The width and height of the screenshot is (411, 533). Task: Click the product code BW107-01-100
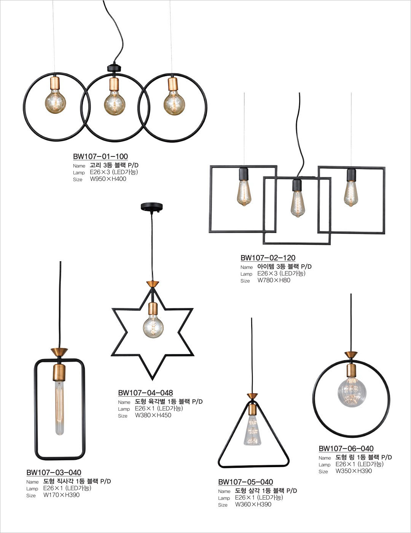100,156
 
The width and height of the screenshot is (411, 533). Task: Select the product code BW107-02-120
268,258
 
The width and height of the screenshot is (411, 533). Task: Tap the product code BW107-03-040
54,472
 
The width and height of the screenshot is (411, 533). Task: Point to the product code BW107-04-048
146,393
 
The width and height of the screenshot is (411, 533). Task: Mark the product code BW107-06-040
346,448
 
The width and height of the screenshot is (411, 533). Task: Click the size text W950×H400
108,179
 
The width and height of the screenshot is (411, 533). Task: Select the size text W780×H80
274,280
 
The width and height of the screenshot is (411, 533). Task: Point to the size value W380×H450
153,415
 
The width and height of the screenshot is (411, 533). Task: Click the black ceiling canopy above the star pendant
152,207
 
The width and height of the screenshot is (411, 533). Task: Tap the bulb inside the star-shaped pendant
153,327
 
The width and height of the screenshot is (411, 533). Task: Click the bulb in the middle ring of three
115,103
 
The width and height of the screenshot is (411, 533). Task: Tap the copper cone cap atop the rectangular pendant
59,352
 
